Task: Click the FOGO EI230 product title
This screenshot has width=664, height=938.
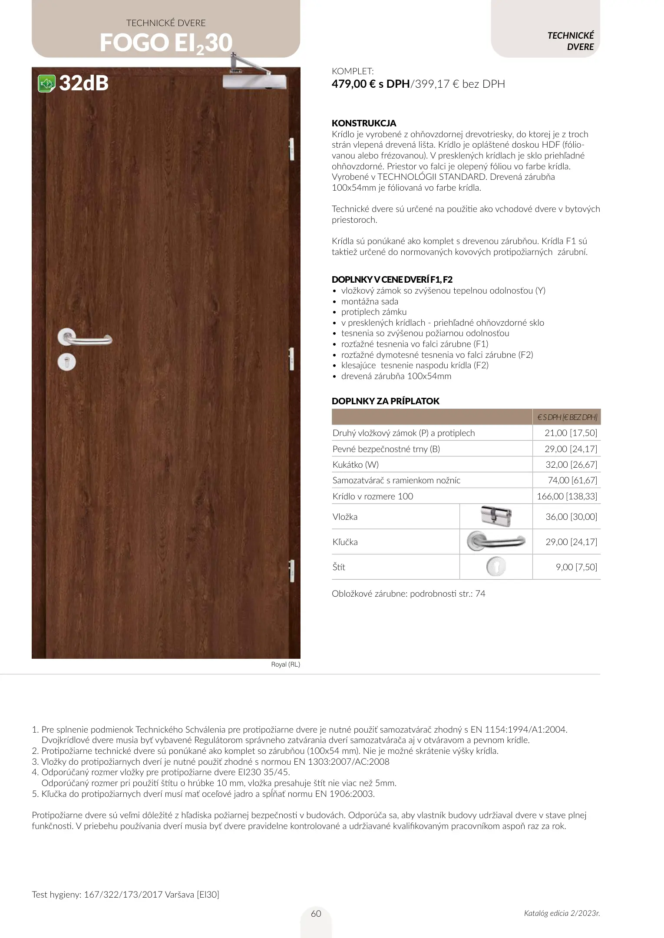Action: (166, 43)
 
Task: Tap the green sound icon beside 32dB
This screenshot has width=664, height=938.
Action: (46, 83)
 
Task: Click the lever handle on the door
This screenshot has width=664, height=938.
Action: (85, 338)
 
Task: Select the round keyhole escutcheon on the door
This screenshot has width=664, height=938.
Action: (67, 361)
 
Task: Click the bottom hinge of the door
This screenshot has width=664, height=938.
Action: (291, 571)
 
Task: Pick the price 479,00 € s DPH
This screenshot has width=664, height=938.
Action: (370, 84)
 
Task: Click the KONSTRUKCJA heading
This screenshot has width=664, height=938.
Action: (364, 123)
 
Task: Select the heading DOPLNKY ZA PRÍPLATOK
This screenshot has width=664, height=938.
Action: (385, 401)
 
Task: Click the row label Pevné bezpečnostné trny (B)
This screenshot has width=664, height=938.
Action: (386, 449)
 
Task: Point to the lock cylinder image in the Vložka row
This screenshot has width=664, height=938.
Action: (496, 516)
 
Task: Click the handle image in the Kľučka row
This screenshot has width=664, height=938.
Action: (496, 542)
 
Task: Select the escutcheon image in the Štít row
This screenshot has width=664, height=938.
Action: (496, 567)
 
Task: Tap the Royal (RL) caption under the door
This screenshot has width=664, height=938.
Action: (285, 664)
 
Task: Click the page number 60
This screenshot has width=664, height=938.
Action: (316, 914)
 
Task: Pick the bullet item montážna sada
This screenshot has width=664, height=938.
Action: (370, 301)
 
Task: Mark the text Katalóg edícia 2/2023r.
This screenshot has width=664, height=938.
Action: (562, 913)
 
